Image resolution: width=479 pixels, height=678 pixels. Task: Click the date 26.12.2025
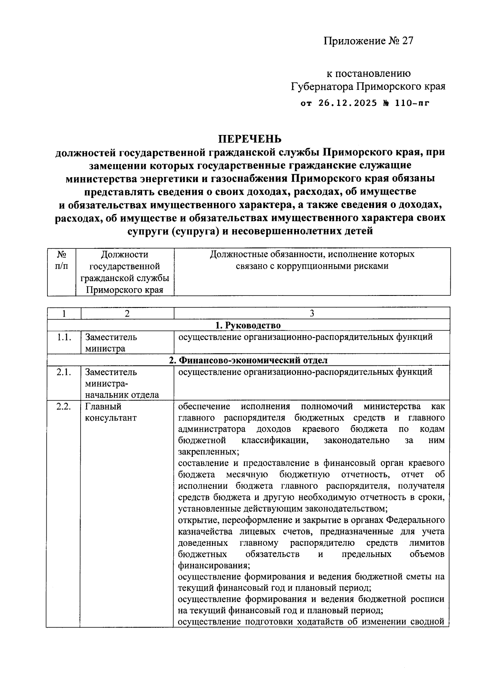(x=348, y=103)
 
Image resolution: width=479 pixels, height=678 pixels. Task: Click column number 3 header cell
(x=312, y=313)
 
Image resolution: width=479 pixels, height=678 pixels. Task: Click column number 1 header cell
(x=64, y=313)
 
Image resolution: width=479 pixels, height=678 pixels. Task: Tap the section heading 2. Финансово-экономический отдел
(x=248, y=360)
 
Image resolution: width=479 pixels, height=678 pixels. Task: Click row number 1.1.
(x=64, y=337)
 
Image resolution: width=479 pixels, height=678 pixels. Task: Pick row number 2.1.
(x=64, y=372)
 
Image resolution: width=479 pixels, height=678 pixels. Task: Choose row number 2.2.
(x=64, y=407)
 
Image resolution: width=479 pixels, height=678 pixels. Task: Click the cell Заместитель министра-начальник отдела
(x=122, y=383)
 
